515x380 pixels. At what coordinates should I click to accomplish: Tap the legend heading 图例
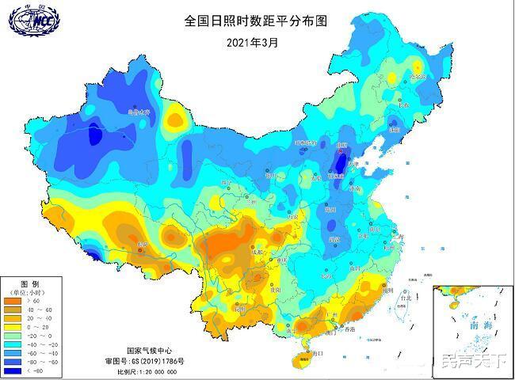(30, 283)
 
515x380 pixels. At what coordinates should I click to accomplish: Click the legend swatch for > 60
(13, 301)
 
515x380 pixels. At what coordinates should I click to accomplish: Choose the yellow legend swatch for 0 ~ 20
(13, 327)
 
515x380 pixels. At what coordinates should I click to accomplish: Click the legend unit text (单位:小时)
(32, 291)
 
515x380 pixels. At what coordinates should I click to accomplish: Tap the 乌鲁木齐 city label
(139, 113)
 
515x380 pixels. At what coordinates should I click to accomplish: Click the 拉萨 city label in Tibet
(143, 245)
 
